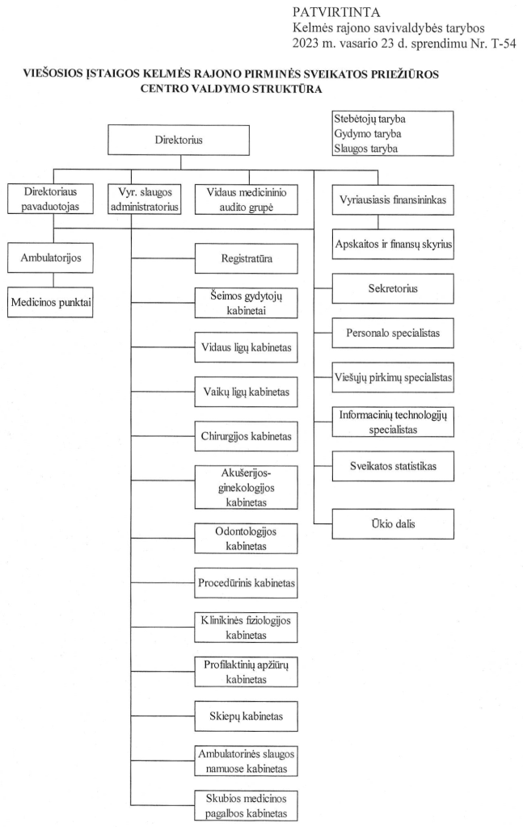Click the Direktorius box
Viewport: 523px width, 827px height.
tap(179, 140)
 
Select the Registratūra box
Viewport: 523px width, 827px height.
tap(246, 258)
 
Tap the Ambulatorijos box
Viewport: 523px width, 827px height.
tap(50, 258)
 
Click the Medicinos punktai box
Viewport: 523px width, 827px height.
tap(50, 302)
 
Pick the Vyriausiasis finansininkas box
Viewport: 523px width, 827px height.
tap(393, 200)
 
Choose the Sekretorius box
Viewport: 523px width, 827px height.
tap(393, 288)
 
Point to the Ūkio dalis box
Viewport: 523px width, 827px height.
tap(393, 523)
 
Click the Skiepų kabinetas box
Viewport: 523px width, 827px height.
tap(246, 716)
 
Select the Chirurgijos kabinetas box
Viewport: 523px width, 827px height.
tap(246, 436)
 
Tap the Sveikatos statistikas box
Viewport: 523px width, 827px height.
tap(393, 466)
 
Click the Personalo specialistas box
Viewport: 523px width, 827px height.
tap(393, 333)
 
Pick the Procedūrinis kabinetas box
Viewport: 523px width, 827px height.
tap(246, 583)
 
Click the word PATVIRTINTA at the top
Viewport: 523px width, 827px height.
tap(336, 12)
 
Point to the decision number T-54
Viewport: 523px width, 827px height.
tap(504, 44)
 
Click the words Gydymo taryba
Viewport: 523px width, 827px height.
tap(367, 134)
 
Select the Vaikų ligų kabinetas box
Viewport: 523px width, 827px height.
tap(246, 392)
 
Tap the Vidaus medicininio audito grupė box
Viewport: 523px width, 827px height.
tap(246, 199)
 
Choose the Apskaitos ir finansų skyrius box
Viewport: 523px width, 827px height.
tap(393, 244)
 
